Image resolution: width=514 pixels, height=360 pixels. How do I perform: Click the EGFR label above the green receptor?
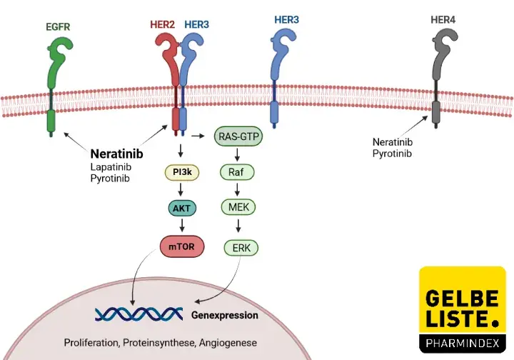[x=58, y=28]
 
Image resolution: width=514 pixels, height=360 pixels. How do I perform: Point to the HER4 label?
[x=443, y=19]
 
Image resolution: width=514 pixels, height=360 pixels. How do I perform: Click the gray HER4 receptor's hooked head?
[x=440, y=44]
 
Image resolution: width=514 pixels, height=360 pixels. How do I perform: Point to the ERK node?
[x=241, y=248]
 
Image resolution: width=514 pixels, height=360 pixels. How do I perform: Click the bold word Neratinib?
[x=117, y=154]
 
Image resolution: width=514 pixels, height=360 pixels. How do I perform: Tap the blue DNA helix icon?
[x=136, y=314]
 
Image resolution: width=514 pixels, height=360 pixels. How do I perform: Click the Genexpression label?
[x=225, y=315]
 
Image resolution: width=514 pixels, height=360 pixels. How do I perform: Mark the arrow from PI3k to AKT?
[x=183, y=190]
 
